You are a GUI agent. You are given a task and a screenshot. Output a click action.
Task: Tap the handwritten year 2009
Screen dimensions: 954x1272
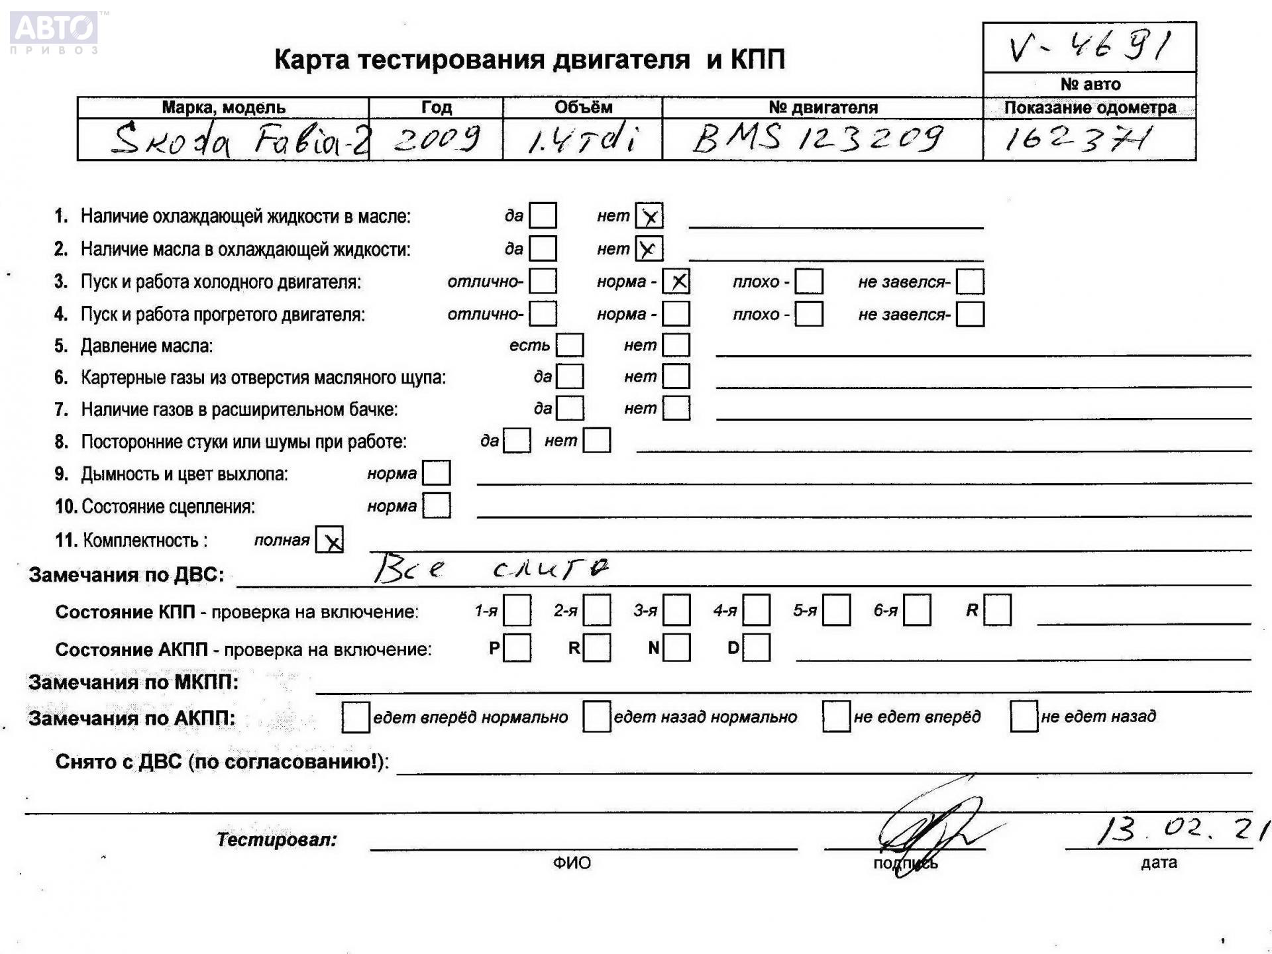pos(436,139)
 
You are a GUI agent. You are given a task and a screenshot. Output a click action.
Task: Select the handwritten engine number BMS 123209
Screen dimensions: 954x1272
pos(818,138)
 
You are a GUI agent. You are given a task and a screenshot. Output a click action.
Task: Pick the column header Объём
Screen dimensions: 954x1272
pos(583,107)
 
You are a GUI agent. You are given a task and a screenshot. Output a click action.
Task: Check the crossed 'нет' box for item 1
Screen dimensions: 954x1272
pos(649,216)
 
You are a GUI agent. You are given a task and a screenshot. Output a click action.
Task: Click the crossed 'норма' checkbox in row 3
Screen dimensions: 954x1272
pos(676,282)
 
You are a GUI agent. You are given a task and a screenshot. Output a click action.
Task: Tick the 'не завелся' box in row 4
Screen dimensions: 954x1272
pos(970,314)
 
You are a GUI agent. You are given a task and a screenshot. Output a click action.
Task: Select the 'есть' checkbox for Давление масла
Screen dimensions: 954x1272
pos(570,345)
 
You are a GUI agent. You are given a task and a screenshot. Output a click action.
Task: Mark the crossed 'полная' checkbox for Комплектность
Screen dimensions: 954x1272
pos(330,540)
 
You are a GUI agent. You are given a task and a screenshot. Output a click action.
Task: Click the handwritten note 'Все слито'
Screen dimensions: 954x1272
pos(490,569)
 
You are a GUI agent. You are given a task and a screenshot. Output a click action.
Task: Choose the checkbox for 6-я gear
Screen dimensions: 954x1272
pos(917,610)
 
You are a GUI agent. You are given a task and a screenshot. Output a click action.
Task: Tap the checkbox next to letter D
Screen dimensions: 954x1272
pos(757,648)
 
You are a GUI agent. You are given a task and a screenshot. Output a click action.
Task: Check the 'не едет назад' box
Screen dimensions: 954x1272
pos(1024,717)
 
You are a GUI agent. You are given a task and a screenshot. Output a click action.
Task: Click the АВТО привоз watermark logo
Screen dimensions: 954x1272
pos(54,31)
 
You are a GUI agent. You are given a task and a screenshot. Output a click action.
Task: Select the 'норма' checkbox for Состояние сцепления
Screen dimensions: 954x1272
pos(437,506)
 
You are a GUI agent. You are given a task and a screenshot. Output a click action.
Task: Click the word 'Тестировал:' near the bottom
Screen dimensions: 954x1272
pos(276,840)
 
